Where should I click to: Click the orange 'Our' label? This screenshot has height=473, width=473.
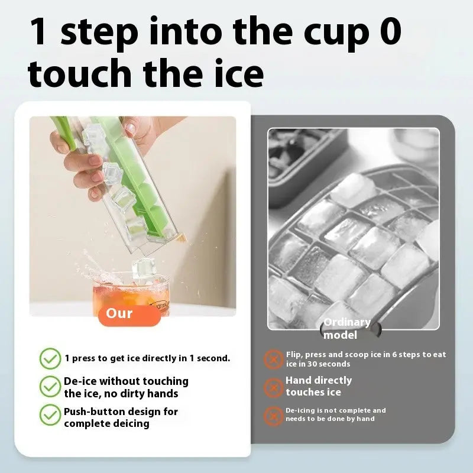click(129, 313)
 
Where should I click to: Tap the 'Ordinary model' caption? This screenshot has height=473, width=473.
click(346, 329)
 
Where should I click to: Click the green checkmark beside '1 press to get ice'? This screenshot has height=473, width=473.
click(50, 358)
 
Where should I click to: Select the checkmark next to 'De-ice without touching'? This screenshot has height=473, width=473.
click(50, 387)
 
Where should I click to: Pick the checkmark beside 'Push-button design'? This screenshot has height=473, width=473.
click(50, 415)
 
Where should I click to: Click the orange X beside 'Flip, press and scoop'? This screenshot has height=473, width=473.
click(273, 359)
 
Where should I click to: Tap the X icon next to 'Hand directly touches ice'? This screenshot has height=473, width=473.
click(273, 387)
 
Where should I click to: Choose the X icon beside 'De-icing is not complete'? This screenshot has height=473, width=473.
click(273, 415)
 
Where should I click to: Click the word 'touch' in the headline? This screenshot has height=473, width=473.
click(80, 74)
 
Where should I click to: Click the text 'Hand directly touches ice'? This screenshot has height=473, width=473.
click(319, 386)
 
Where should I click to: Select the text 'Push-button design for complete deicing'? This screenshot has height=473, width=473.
click(121, 417)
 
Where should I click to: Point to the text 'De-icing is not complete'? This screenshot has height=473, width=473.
click(336, 414)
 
